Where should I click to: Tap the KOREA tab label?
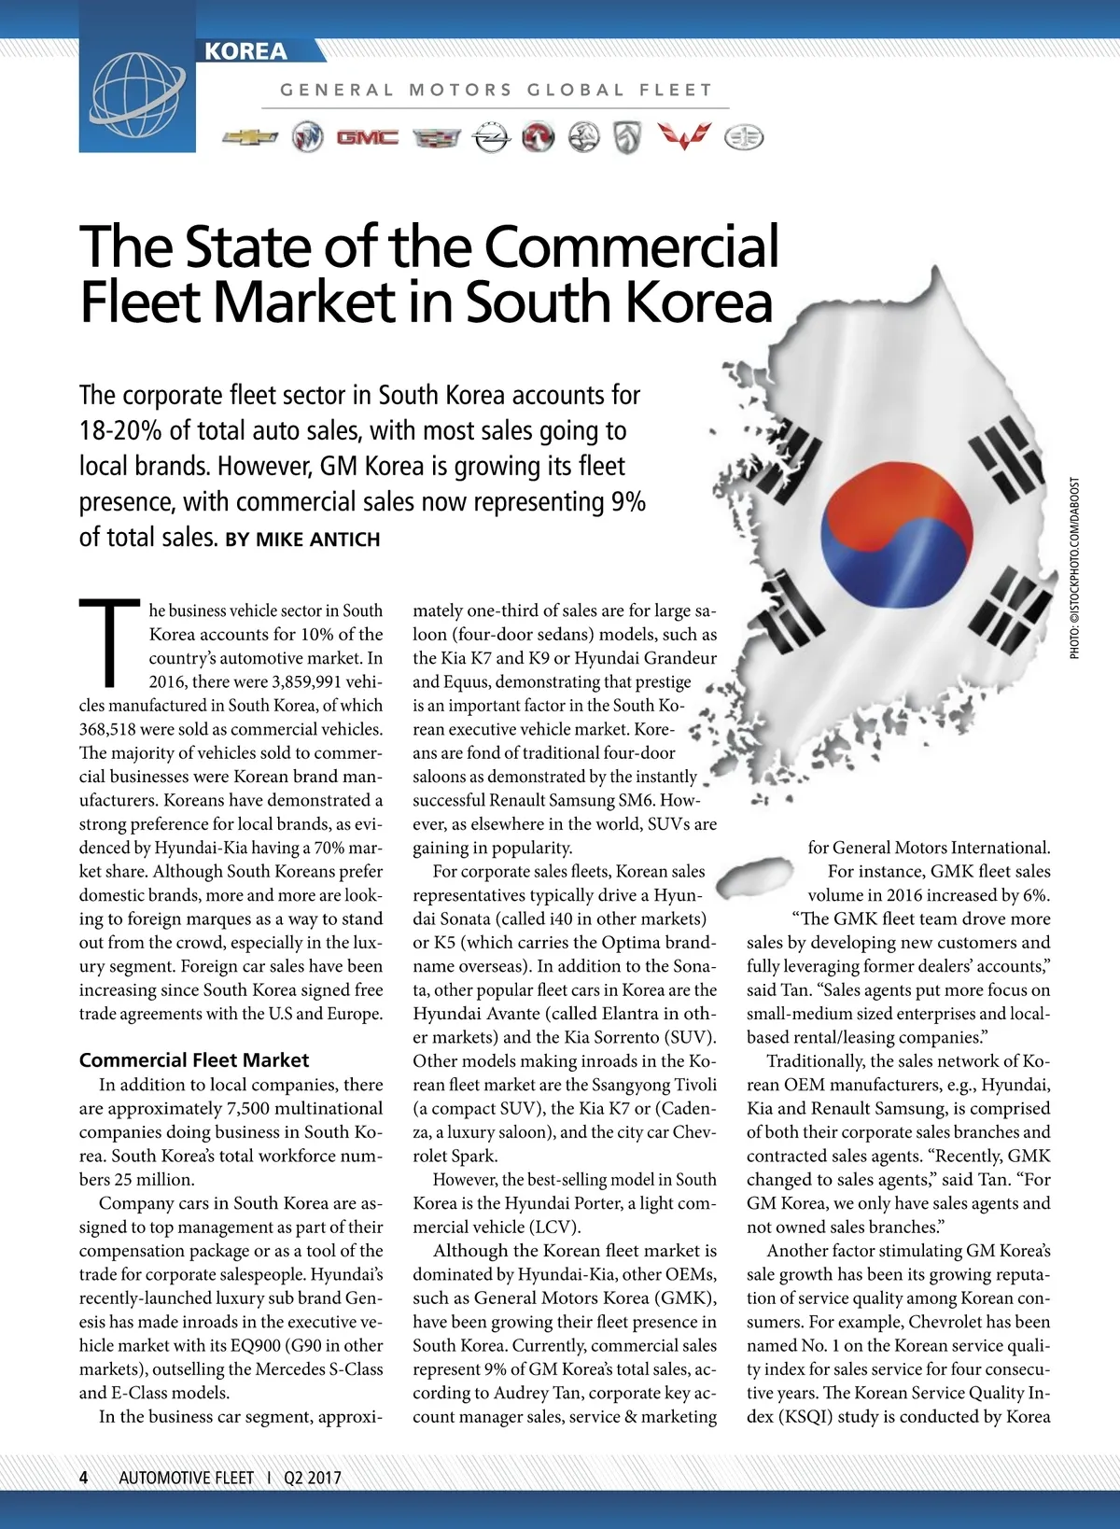246,51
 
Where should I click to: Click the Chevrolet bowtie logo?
250,138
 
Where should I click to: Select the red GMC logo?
367,138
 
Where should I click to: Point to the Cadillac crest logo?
436,138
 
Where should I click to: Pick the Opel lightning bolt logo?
491,138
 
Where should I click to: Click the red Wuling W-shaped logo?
683,136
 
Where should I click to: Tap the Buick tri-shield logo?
307,138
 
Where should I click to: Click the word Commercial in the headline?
631,246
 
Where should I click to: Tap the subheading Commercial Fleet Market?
194,1060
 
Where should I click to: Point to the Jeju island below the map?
760,875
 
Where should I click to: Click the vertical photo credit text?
1075,568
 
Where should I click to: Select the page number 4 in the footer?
84,1478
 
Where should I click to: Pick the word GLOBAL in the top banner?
576,91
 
